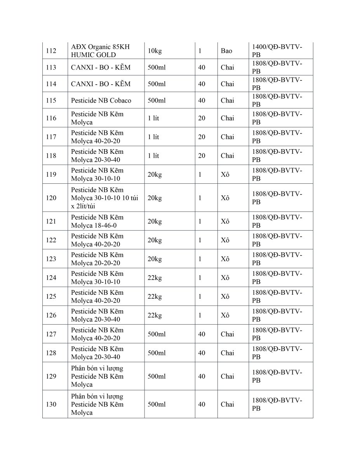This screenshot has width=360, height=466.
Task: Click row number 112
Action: pyautogui.click(x=51, y=51)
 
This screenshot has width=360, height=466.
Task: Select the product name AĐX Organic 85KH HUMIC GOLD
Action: pyautogui.click(x=100, y=51)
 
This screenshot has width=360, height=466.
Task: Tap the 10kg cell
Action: pyautogui.click(x=154, y=51)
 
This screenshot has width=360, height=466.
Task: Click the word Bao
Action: pyautogui.click(x=226, y=51)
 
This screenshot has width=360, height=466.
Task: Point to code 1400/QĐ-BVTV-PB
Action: pyautogui.click(x=277, y=51)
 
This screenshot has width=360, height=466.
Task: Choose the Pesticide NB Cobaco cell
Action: pyautogui.click(x=101, y=101)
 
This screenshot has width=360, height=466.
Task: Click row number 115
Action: pyautogui.click(x=51, y=101)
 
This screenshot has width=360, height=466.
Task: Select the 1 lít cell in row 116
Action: pyautogui.click(x=153, y=118)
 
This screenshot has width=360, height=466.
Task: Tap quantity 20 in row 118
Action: pyautogui.click(x=202, y=156)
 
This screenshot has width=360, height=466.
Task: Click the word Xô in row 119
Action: pyautogui.click(x=225, y=174)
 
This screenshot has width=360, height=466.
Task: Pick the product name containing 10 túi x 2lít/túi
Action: pyautogui.click(x=104, y=198)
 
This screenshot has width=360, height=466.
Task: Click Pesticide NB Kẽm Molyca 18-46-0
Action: pyautogui.click(x=97, y=221)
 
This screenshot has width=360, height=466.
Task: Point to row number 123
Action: pyautogui.click(x=51, y=259)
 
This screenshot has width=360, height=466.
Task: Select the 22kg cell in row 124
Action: pyautogui.click(x=155, y=278)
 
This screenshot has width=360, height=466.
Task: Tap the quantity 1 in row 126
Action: pyautogui.click(x=200, y=315)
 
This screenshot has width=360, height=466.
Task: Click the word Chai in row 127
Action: pyautogui.click(x=228, y=334)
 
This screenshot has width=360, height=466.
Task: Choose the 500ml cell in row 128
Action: pyautogui.click(x=157, y=353)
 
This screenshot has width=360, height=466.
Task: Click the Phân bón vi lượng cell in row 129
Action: pyautogui.click(x=97, y=376)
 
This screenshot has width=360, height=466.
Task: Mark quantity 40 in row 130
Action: pyautogui.click(x=202, y=404)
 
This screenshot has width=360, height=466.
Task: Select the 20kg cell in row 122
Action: pyautogui.click(x=155, y=240)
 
